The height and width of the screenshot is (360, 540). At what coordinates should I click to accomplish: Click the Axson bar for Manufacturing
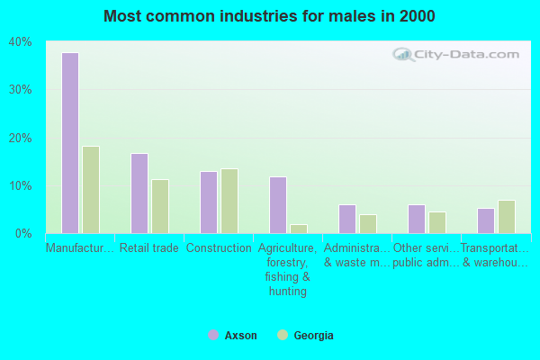click(69, 143)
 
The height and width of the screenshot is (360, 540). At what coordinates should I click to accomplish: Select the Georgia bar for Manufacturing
click(91, 190)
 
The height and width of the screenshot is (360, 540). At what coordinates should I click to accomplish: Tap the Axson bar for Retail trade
click(139, 193)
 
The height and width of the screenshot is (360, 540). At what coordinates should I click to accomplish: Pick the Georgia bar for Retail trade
click(160, 206)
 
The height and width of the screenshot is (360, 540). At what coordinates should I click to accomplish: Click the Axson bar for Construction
click(208, 202)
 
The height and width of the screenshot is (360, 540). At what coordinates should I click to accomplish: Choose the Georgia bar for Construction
click(229, 201)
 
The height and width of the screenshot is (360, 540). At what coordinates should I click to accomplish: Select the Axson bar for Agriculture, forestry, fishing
click(277, 205)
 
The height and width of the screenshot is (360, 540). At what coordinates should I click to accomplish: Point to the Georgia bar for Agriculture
click(299, 229)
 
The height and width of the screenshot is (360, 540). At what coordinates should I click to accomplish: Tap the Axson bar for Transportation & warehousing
click(485, 220)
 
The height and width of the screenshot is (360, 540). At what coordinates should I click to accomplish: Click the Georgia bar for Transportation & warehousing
click(507, 217)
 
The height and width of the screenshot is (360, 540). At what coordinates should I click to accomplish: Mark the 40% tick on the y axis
click(20, 42)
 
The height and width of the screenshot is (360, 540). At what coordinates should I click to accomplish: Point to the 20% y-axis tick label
click(20, 138)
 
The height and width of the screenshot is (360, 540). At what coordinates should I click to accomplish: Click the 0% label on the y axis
click(23, 234)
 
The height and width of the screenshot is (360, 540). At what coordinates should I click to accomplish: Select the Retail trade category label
click(149, 248)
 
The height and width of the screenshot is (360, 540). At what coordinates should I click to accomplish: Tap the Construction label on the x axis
click(219, 248)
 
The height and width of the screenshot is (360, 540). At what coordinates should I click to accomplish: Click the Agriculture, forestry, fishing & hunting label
click(288, 269)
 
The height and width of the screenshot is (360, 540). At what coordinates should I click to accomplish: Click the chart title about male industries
click(269, 16)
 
